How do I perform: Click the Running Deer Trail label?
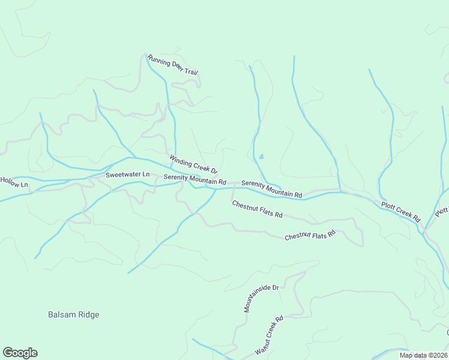[x=172, y=66]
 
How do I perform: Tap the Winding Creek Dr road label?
[x=193, y=165]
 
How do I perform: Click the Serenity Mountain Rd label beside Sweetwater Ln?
[x=194, y=179]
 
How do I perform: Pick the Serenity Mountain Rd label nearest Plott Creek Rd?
[x=271, y=189]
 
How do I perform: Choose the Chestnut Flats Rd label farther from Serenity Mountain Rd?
[x=309, y=236]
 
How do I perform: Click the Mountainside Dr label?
[x=262, y=299]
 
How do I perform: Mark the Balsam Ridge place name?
[x=73, y=314]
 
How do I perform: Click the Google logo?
[x=20, y=353]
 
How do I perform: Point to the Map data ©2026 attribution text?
[x=424, y=355]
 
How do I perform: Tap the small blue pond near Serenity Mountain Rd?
[x=261, y=157]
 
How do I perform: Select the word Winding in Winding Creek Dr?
[x=180, y=160]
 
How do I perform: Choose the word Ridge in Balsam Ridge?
[x=88, y=314]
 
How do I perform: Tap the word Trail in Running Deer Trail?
[x=191, y=72]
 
